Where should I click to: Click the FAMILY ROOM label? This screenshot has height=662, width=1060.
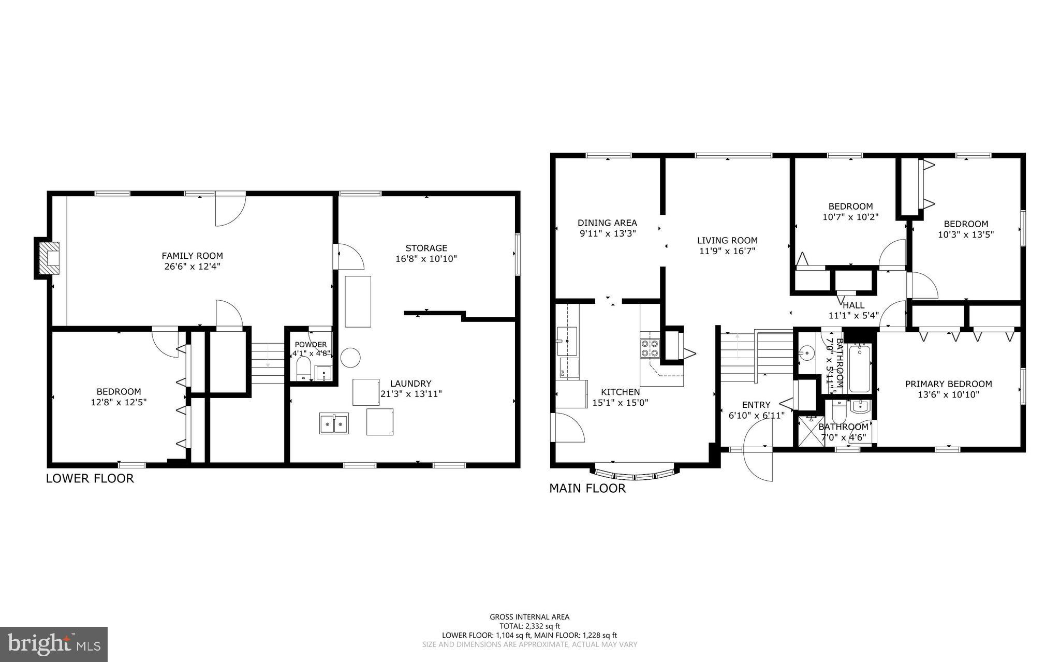pyautogui.click(x=192, y=256)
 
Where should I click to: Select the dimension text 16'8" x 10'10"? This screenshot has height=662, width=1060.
pyautogui.click(x=426, y=259)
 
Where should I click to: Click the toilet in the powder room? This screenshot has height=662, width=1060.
pyautogui.click(x=303, y=369)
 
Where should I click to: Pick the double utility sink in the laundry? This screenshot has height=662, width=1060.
pyautogui.click(x=334, y=423)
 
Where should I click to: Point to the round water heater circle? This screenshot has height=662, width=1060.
pyautogui.click(x=350, y=357)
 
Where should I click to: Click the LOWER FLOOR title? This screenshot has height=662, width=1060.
pyautogui.click(x=90, y=478)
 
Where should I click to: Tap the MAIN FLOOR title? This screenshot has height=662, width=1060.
pyautogui.click(x=587, y=488)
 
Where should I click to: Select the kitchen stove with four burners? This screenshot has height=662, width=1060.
pyautogui.click(x=650, y=348)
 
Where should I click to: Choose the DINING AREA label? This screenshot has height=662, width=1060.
pyautogui.click(x=607, y=223)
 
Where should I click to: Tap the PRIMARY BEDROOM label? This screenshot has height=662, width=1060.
pyautogui.click(x=948, y=384)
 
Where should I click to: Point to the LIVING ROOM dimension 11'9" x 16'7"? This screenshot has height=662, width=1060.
pyautogui.click(x=727, y=251)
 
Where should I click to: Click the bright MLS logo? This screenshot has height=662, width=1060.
pyautogui.click(x=54, y=644)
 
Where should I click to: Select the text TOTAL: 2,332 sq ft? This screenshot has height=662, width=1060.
pyautogui.click(x=529, y=626)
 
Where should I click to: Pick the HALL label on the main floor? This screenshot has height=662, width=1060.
pyautogui.click(x=853, y=305)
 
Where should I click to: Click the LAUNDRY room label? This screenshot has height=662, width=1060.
pyautogui.click(x=410, y=384)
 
